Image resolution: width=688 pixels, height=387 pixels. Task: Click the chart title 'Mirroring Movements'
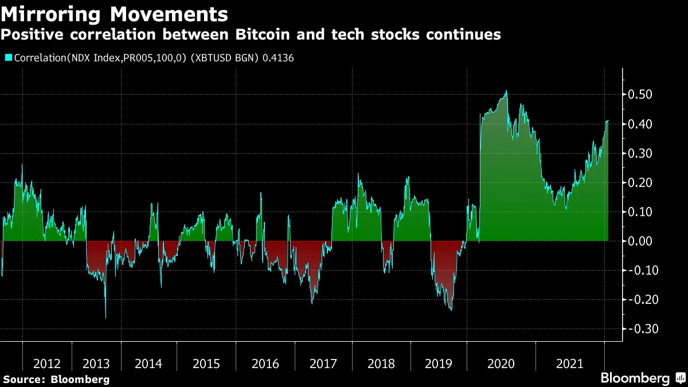pos(114,14)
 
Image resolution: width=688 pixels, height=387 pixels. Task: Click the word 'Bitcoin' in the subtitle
pos(260,35)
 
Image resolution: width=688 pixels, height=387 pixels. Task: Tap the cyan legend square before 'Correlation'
pos(8,58)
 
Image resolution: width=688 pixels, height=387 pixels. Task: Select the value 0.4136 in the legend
pos(278,58)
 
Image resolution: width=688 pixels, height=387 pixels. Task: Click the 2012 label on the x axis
pos(47,364)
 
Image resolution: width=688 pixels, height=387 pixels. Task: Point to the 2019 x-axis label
pos(439,364)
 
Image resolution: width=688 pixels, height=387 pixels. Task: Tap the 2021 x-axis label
pos(570,364)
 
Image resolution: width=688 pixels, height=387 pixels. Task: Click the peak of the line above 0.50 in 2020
pos(506,91)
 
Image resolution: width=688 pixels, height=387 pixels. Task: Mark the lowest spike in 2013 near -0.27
pos(105,318)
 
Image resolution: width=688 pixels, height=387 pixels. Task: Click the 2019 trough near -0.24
pos(451,310)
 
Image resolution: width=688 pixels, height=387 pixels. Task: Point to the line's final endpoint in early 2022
pos(608,121)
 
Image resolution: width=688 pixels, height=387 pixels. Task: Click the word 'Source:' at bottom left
pos(24,380)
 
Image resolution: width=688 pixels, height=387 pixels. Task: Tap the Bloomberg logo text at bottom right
pos(635,378)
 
